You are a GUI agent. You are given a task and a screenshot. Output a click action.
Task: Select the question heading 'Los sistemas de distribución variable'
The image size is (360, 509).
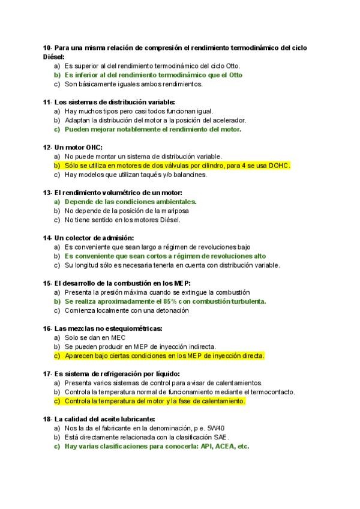coord(114,102)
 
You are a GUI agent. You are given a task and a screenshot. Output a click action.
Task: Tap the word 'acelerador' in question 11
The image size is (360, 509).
coord(228,120)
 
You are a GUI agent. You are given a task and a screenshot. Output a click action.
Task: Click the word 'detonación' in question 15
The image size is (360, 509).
coord(173,310)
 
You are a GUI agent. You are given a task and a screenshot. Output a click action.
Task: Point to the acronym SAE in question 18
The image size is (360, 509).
coord(221,437)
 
